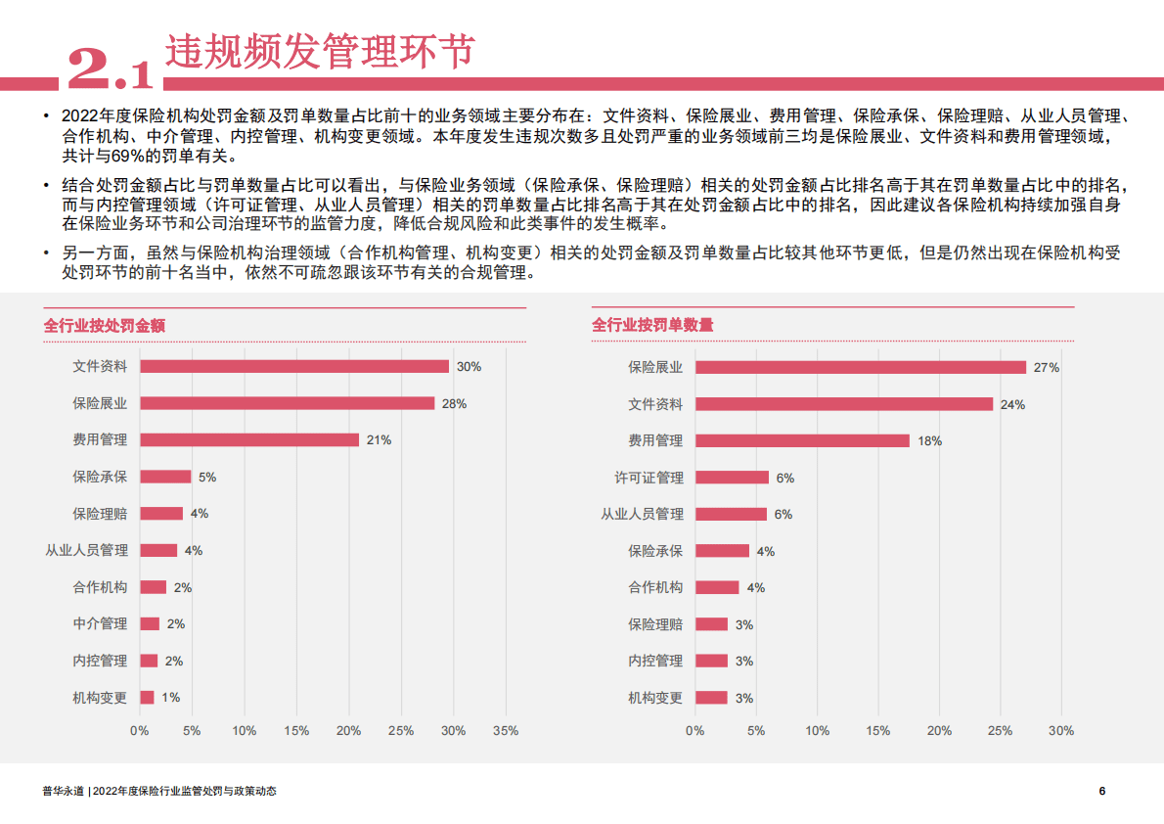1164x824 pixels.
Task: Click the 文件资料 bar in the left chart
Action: click(293, 366)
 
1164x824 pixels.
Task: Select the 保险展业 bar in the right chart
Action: click(860, 367)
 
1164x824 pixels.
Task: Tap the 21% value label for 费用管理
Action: click(379, 440)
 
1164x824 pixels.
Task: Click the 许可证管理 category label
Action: click(649, 478)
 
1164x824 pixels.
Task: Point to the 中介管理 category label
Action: click(100, 623)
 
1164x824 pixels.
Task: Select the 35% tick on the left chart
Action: click(506, 730)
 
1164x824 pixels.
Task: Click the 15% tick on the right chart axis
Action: click(877, 730)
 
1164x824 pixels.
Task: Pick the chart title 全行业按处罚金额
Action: click(105, 325)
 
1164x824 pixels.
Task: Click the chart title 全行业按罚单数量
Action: click(652, 325)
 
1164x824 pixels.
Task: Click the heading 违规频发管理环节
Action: click(319, 51)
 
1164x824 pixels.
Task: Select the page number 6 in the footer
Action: click(1102, 791)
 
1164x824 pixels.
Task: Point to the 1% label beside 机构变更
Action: click(170, 698)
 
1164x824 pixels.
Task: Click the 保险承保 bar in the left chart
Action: click(165, 477)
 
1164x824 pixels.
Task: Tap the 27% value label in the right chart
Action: click(1047, 368)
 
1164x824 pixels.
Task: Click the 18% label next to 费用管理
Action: click(929, 441)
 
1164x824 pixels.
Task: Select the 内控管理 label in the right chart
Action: click(655, 661)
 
